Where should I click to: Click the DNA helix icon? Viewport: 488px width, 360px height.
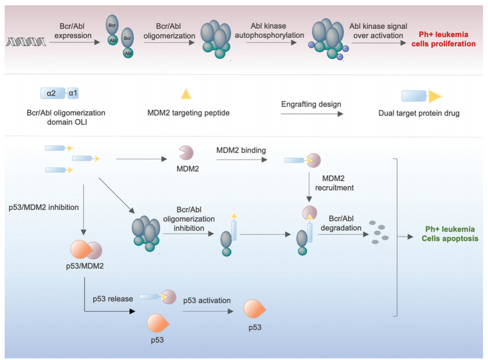(x=25, y=42)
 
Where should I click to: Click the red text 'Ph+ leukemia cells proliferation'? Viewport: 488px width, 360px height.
(x=447, y=39)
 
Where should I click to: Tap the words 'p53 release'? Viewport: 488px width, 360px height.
(x=112, y=299)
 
